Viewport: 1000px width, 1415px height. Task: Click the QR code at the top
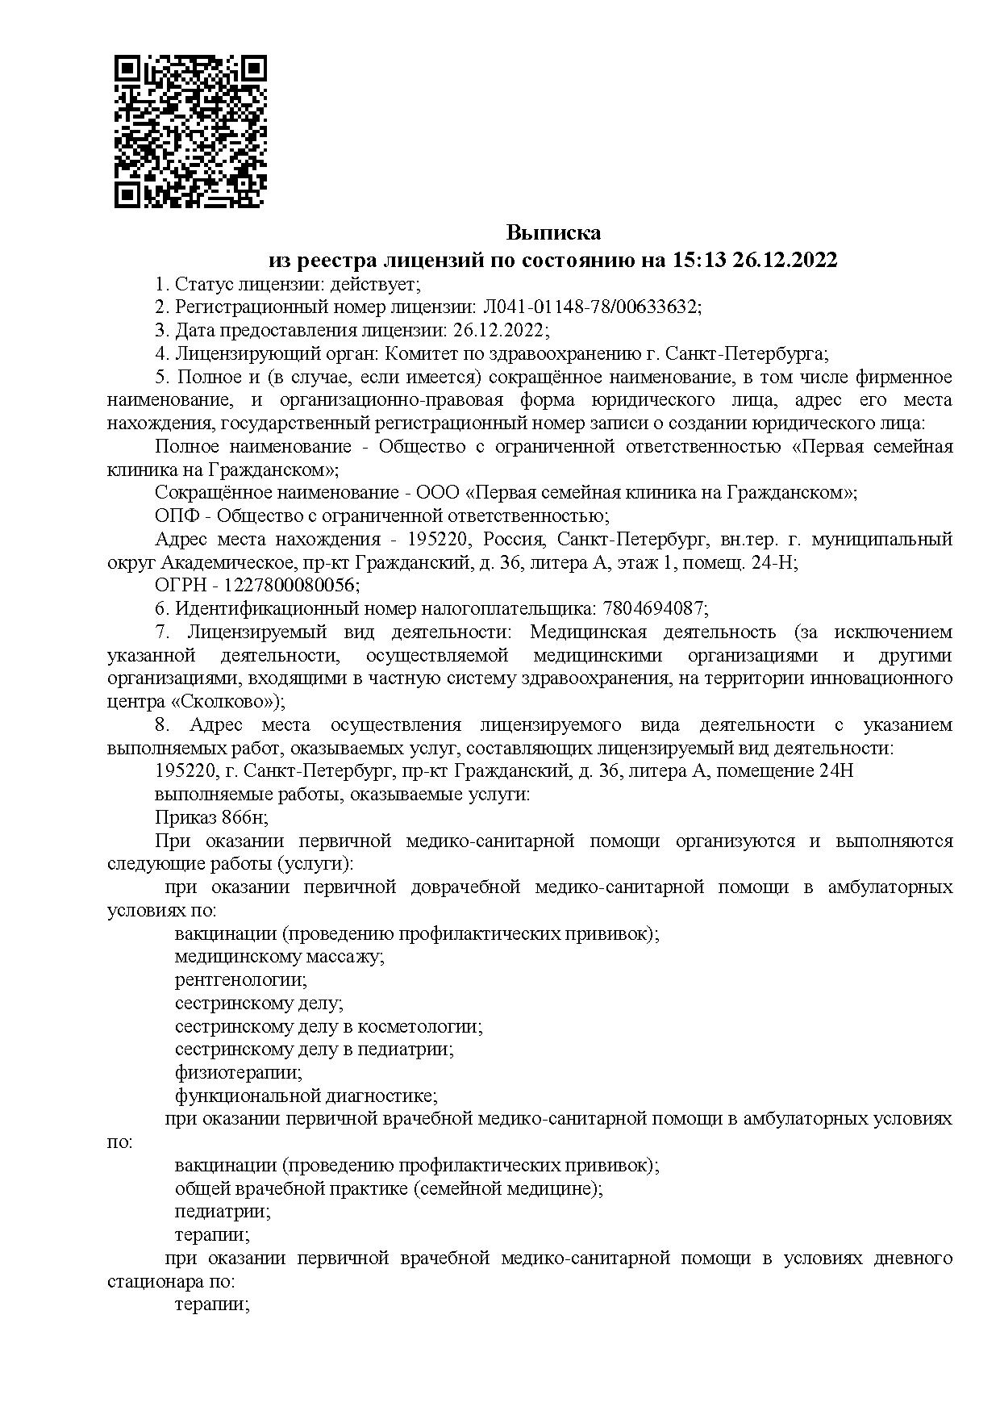[190, 131]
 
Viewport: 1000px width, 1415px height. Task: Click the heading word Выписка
[553, 233]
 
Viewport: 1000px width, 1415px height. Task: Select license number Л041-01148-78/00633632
[591, 307]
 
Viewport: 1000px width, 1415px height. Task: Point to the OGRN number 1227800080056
[292, 585]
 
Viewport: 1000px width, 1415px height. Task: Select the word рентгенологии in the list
[240, 980]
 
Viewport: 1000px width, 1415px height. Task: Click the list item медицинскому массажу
[278, 957]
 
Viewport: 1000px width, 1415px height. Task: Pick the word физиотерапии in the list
[238, 1073]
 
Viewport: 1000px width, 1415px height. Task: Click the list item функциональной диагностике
[306, 1096]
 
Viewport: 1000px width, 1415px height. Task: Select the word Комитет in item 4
[416, 354]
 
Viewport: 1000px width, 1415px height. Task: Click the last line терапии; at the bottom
[212, 1304]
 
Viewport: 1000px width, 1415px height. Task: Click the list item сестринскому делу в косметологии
[328, 1027]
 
